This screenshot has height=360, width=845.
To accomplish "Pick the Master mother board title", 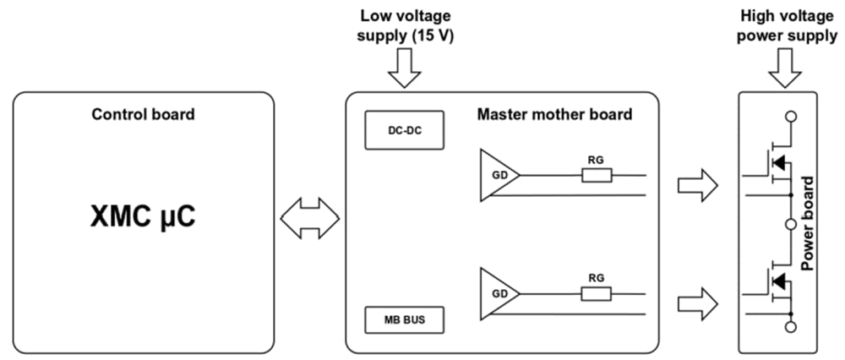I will [554, 114].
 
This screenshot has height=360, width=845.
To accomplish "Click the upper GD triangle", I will [496, 176].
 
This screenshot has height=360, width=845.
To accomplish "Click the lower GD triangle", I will [496, 293].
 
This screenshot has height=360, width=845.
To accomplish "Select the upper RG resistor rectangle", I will [596, 176].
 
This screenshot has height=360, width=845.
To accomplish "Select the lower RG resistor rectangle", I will [596, 293].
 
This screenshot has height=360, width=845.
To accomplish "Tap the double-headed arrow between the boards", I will [309, 220].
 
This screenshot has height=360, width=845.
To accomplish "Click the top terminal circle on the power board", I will [790, 117].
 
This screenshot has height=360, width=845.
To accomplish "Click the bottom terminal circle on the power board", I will [790, 325].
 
